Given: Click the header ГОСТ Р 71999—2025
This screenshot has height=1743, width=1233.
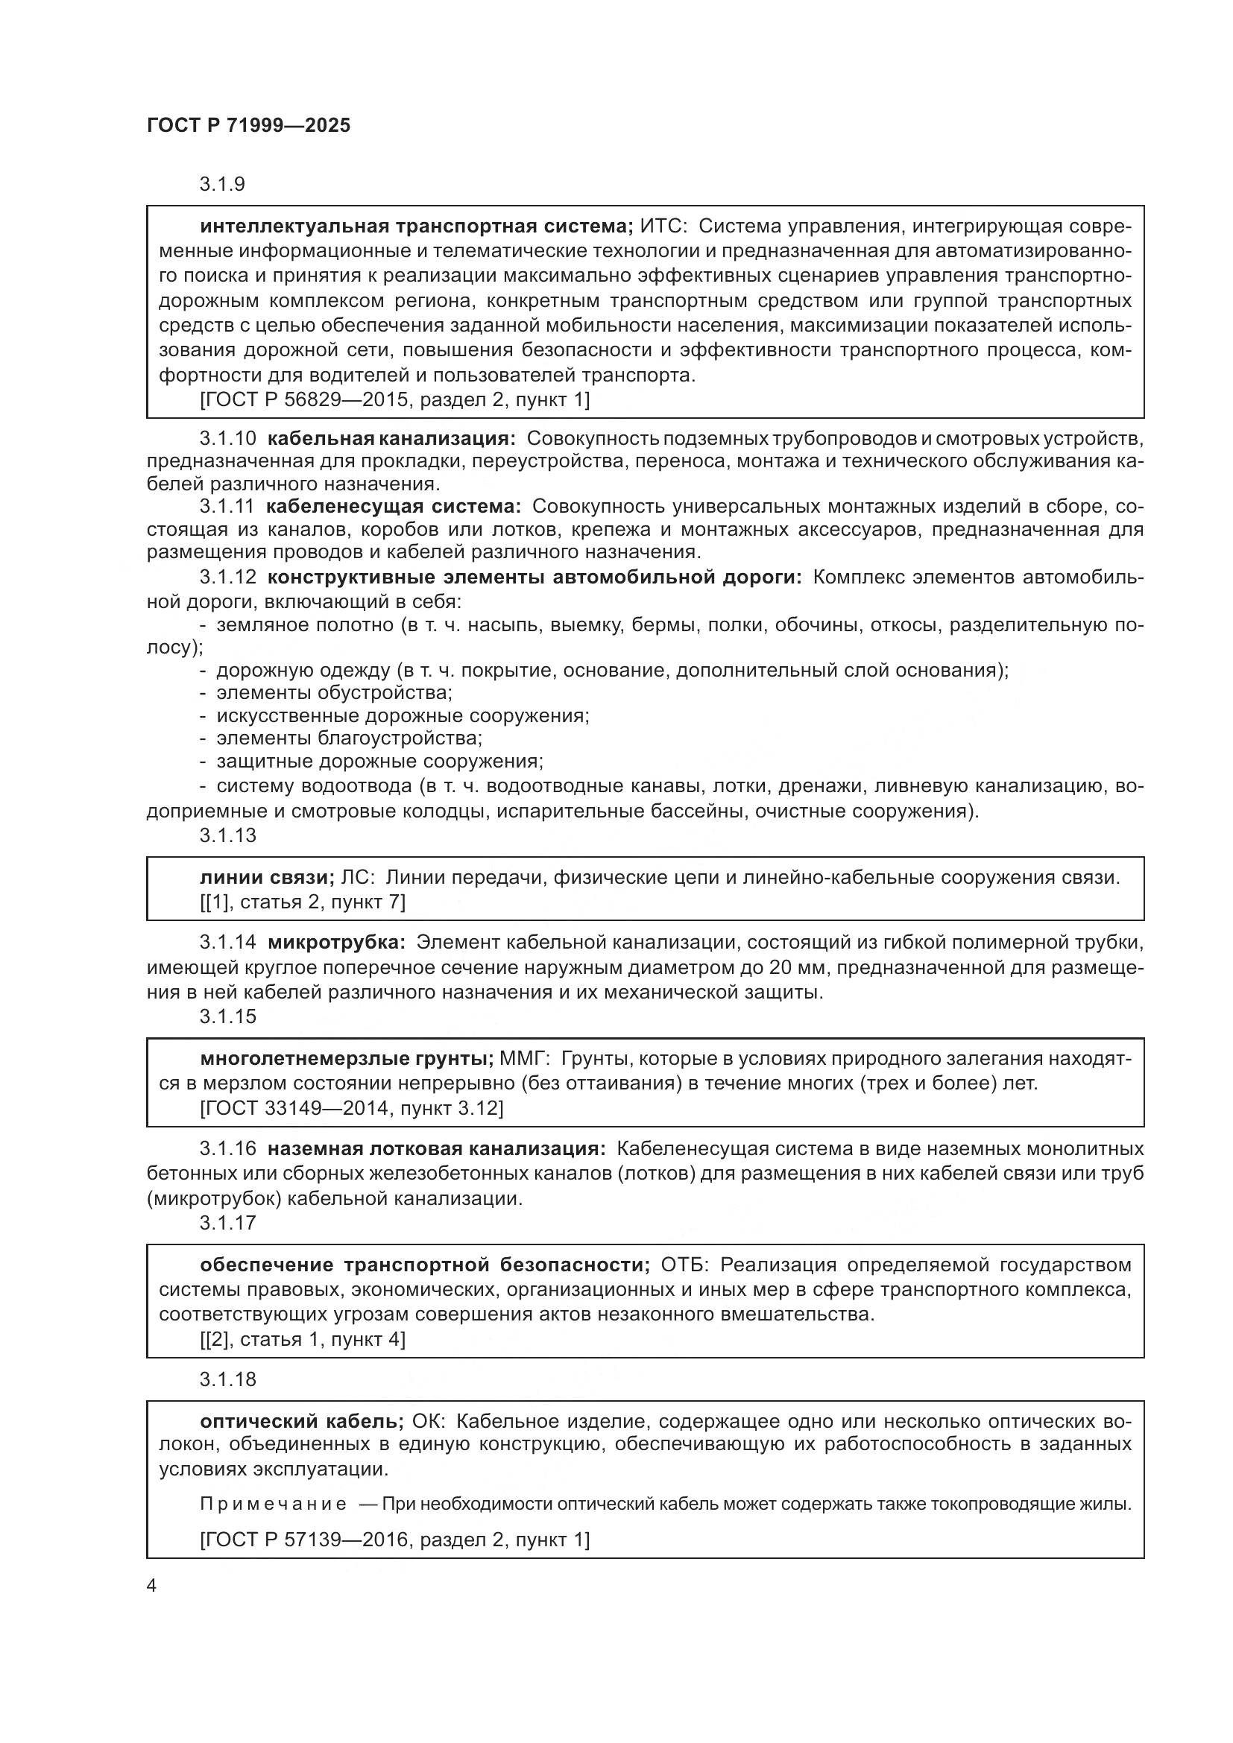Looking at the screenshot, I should pos(248,126).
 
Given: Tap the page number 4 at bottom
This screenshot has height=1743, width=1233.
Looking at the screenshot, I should pos(151,1586).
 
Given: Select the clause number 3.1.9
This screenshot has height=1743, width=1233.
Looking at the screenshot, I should pos(221,185).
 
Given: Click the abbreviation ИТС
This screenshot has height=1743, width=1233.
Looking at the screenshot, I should pos(661,227).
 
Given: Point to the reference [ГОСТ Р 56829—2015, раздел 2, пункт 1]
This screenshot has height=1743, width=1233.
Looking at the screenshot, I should pos(395,399).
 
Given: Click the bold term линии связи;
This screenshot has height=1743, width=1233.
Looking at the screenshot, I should pos(266,878).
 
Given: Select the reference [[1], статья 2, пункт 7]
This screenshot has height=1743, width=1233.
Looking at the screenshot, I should pos(302,902).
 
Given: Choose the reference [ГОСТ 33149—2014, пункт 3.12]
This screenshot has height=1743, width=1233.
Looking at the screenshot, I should pos(352,1108).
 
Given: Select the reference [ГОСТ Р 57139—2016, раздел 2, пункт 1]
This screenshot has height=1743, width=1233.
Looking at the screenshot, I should pos(395,1539).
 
